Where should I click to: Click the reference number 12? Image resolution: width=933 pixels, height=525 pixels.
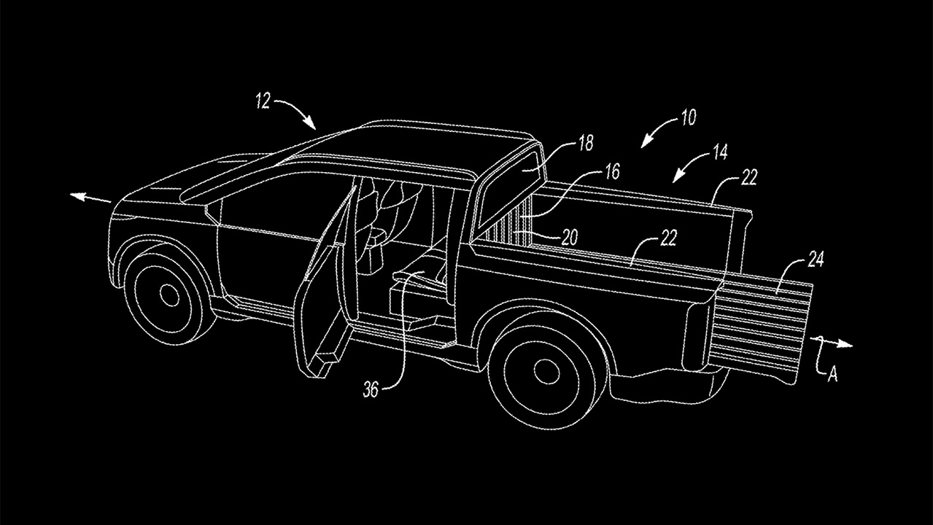coord(263,101)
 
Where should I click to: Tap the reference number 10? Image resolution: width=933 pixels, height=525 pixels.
coord(689,118)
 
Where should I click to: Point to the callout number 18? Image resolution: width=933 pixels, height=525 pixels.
coord(586,143)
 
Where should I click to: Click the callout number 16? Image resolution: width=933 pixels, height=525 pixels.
coord(612,171)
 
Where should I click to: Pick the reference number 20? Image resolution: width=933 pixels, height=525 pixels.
coord(570,237)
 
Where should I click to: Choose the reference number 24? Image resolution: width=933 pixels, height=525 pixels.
coord(815,260)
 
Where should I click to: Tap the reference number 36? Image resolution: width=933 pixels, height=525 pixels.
coord(371,390)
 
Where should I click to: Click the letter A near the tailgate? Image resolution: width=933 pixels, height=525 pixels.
coord(832,375)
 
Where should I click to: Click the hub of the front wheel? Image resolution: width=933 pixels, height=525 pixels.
coord(169,295)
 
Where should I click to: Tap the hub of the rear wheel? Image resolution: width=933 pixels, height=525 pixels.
coord(546,371)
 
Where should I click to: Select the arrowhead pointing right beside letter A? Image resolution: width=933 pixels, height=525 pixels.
coord(845,344)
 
